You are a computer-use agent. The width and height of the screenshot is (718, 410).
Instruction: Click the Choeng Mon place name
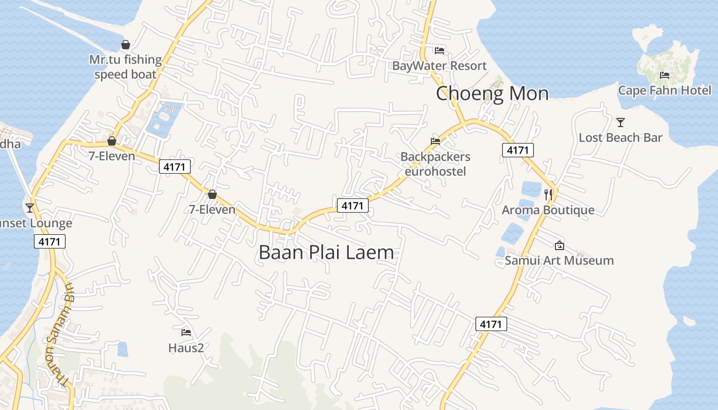(x=492, y=94)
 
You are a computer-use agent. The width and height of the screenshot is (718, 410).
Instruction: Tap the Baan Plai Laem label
(x=326, y=252)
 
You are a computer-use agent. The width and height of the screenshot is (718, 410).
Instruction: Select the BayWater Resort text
(x=439, y=66)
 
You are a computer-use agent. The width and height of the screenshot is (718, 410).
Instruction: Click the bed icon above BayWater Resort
(x=439, y=50)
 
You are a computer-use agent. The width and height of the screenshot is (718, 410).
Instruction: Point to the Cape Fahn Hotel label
(x=665, y=90)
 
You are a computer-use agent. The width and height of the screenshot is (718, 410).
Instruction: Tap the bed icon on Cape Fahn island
(x=665, y=75)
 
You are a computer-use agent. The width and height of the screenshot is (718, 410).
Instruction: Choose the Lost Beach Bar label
(x=621, y=137)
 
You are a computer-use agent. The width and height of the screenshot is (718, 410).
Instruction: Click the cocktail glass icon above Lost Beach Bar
(x=621, y=122)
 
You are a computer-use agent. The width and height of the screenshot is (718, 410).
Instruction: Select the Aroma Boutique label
(x=548, y=210)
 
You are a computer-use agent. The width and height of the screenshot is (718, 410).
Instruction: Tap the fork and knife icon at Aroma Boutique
(x=548, y=194)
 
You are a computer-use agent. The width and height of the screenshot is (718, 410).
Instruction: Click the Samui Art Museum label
(x=559, y=260)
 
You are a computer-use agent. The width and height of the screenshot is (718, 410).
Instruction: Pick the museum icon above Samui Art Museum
(x=559, y=245)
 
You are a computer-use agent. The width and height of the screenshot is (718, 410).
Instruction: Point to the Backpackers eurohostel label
(x=435, y=163)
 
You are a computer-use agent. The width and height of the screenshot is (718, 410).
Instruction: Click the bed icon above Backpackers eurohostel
(x=435, y=141)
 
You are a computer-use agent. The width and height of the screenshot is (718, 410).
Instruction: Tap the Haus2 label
(x=186, y=348)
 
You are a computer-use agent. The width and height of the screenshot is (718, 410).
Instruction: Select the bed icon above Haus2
(x=186, y=333)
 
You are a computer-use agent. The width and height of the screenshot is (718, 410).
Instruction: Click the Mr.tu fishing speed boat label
(x=126, y=67)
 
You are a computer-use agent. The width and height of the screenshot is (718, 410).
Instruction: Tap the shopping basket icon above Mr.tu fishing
(x=126, y=45)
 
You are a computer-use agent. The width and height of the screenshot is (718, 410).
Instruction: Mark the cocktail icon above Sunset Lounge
(x=30, y=208)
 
